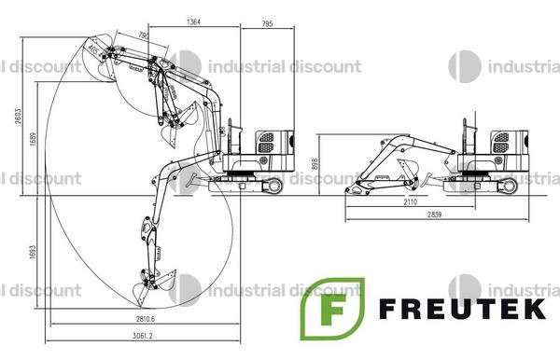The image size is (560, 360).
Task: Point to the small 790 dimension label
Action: pyautogui.click(x=143, y=35)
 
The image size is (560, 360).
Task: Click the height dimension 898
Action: pyautogui.click(x=317, y=164)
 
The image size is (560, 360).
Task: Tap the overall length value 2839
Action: pyautogui.click(x=432, y=216)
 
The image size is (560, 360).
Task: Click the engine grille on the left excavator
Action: pyautogui.click(x=266, y=142)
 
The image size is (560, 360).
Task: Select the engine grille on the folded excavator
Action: pyautogui.click(x=501, y=142)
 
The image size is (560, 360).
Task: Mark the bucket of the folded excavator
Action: pyautogui.click(x=357, y=188)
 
